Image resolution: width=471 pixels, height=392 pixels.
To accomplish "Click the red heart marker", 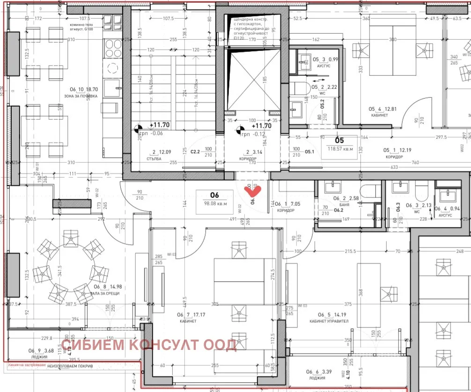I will point(253,190).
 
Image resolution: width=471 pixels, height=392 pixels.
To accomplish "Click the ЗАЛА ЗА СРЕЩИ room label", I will point(106,293).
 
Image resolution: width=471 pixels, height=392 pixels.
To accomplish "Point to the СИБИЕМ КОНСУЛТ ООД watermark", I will point(149,345).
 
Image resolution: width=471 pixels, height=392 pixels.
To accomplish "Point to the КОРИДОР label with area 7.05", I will point(286,211).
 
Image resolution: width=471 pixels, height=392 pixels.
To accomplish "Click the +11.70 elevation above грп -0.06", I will point(160,125).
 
